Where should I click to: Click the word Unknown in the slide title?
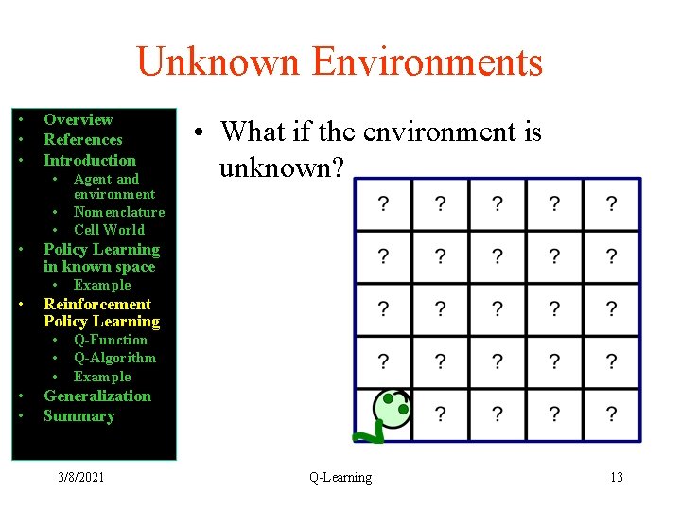pos(218,62)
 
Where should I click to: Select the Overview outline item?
pos(78,119)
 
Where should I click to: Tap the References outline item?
pos(82,139)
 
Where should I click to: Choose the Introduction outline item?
pos(89,160)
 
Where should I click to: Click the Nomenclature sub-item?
pos(118,212)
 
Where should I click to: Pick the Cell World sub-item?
pos(109,229)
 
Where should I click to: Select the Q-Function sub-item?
pos(110,340)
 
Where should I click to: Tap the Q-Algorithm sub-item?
pos(114,358)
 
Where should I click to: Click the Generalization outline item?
pos(96,396)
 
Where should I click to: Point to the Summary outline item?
pos(79,415)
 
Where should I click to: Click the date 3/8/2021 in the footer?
pos(79,477)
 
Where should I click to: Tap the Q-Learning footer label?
pos(340,477)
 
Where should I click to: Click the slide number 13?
pos(616,477)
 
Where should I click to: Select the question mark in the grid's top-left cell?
pos(383,203)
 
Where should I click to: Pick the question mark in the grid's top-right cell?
pos(611,203)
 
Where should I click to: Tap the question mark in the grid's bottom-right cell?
pos(611,414)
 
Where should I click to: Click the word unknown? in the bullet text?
pos(282,167)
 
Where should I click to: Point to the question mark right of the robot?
pos(440,414)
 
